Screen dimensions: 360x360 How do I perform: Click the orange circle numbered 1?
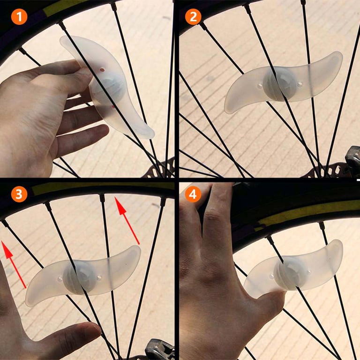tap(19, 16)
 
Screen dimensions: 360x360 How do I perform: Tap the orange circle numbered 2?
tap(193, 16)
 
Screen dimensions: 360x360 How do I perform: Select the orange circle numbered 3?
tap(19, 194)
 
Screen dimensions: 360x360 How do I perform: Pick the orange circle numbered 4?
tap(193, 194)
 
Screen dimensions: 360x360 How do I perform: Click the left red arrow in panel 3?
tap(13, 264)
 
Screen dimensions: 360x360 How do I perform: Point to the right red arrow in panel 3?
tap(127, 220)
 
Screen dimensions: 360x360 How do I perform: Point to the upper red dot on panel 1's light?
tap(102, 70)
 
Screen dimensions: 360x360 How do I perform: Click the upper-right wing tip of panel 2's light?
tap(339, 55)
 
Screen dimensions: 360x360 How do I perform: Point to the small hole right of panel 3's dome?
tap(99, 278)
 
